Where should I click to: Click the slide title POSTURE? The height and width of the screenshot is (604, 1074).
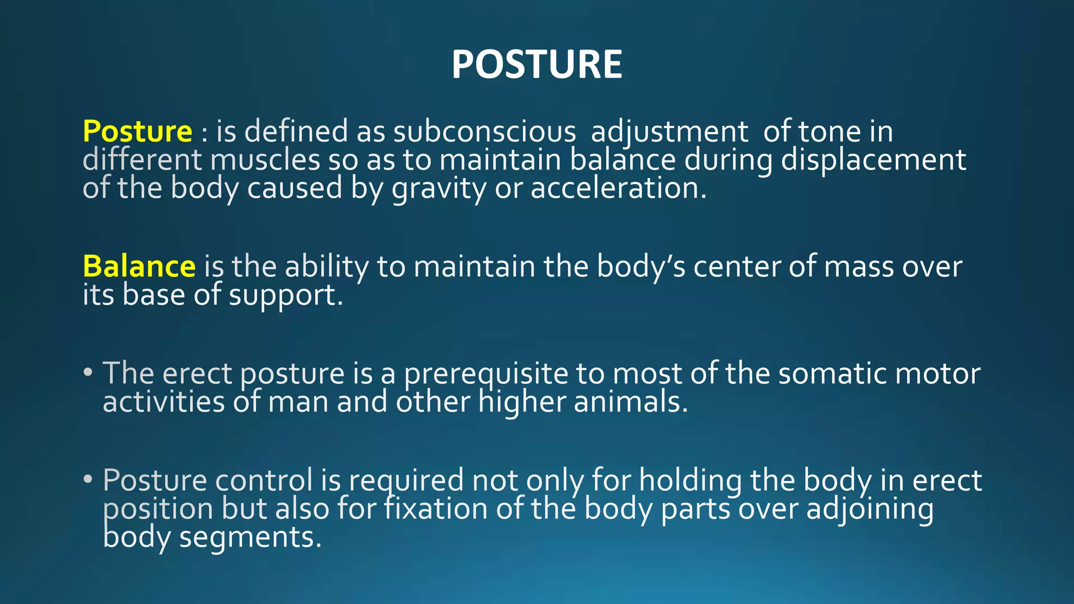click(x=536, y=64)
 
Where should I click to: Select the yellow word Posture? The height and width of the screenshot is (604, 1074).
click(x=137, y=131)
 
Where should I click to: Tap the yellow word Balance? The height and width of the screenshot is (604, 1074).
click(x=139, y=266)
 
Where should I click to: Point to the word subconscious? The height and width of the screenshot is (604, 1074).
click(x=484, y=131)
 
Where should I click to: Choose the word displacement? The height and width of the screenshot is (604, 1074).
click(x=873, y=160)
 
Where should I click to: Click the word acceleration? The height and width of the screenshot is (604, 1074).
click(x=618, y=188)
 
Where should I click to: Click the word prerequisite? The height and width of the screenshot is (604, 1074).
click(x=486, y=374)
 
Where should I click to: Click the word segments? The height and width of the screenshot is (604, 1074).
click(x=250, y=538)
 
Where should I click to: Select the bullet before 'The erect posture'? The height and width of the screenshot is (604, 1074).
click(x=88, y=373)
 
